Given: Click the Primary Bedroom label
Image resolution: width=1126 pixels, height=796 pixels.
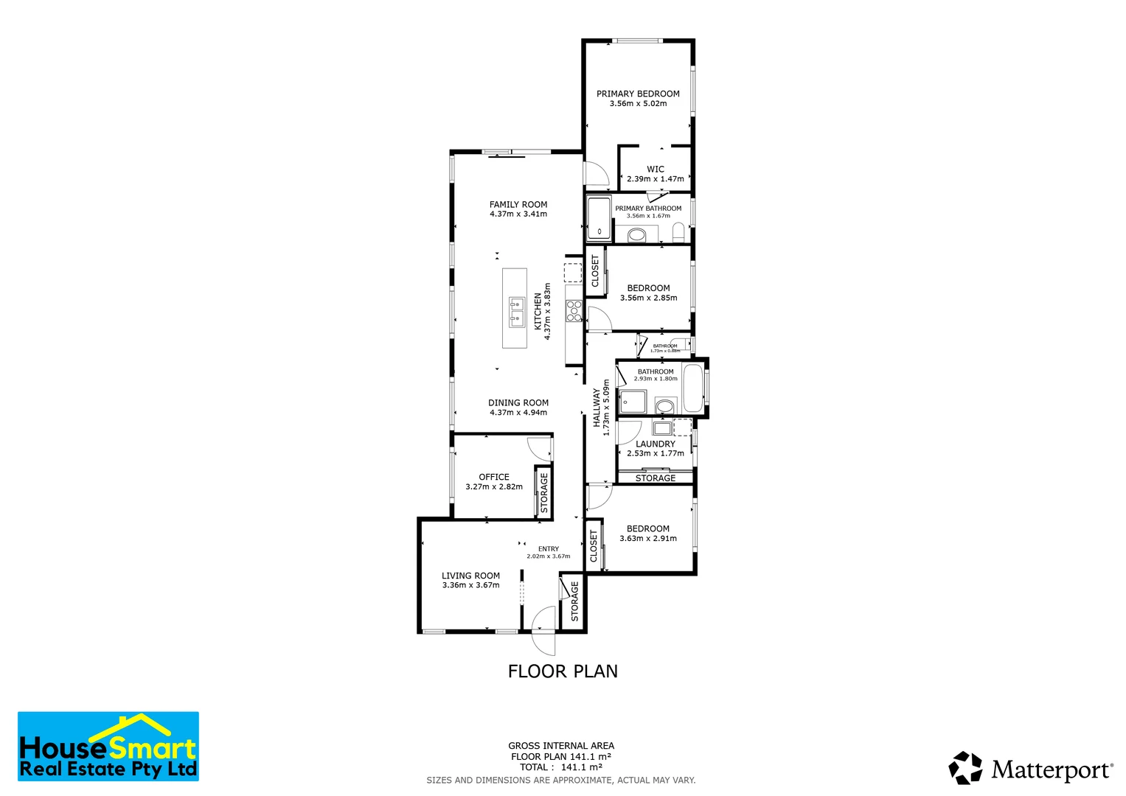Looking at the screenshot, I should (638, 94).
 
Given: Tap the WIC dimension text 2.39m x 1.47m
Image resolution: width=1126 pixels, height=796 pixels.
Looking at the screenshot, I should (655, 179).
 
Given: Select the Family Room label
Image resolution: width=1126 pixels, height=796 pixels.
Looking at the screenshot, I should (518, 205).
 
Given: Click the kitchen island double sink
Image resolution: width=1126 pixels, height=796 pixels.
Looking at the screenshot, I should (516, 311).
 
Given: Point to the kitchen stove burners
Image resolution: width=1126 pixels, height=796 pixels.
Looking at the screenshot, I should (574, 310).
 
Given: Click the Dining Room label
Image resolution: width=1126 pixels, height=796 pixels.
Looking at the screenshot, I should (518, 403).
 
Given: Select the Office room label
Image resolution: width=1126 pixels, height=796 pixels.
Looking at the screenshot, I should (494, 477).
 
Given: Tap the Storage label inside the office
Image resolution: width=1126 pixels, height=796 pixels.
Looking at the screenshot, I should (544, 492).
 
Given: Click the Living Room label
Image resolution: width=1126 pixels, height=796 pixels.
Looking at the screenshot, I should (470, 576).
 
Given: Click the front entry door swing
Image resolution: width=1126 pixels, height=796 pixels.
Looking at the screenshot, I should (544, 630).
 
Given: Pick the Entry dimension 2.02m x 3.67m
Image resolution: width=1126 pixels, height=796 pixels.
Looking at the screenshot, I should (548, 556).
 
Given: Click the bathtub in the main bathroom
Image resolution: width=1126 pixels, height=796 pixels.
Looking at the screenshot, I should (692, 388).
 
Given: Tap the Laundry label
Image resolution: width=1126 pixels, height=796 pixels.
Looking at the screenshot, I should (655, 444).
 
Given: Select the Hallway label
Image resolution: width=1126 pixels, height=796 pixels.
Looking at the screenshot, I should (597, 408).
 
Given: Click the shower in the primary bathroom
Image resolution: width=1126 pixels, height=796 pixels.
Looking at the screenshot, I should (599, 219).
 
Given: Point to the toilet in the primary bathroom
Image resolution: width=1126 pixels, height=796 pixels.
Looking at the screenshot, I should (678, 234).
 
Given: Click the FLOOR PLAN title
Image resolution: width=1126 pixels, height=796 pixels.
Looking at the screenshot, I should (563, 671).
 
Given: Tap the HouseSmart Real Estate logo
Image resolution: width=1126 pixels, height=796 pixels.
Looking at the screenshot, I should (108, 747).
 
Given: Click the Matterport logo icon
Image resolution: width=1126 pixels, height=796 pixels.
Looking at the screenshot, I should (965, 768).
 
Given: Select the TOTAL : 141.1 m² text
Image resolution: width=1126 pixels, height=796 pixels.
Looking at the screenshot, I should (560, 767).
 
